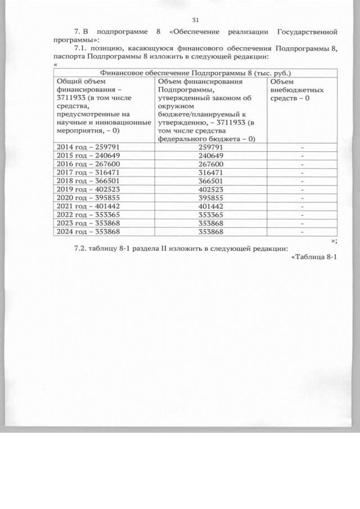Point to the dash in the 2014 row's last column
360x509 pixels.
(302, 147)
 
